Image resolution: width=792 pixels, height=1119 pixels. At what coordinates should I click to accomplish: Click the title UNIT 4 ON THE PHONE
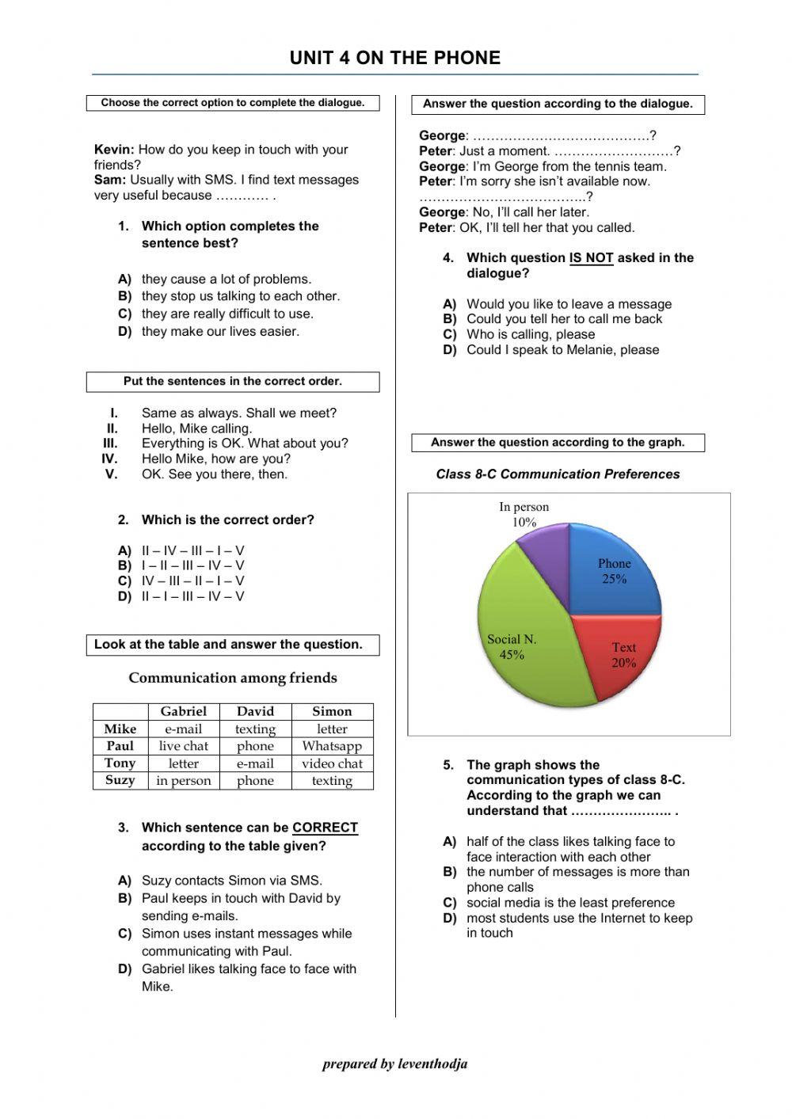[394, 58]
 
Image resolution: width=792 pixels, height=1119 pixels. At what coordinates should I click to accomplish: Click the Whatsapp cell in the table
[332, 746]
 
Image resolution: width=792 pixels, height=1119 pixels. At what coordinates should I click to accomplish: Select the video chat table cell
[332, 763]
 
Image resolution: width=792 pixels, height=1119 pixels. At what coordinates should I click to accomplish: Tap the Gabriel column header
[183, 711]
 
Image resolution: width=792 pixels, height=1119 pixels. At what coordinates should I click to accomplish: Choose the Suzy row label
[120, 780]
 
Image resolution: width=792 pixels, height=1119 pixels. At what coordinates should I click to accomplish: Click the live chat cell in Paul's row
[183, 746]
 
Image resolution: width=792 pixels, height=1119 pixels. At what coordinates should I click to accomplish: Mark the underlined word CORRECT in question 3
[325, 828]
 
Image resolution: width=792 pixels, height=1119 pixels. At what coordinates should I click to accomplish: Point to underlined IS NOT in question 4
[591, 258]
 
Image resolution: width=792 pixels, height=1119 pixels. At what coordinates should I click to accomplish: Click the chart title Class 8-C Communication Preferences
[558, 474]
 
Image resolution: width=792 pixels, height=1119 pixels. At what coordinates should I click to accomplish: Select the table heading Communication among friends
[233, 678]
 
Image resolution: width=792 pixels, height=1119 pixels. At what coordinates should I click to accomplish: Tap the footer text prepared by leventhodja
[394, 1064]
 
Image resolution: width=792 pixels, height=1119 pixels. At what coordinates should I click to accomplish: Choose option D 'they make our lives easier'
[220, 332]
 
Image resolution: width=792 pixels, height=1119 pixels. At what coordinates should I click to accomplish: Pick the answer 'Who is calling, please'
[530, 334]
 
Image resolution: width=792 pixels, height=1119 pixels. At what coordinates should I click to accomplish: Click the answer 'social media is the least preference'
[570, 903]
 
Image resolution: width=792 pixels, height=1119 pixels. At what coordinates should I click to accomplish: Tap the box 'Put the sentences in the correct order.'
[233, 382]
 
